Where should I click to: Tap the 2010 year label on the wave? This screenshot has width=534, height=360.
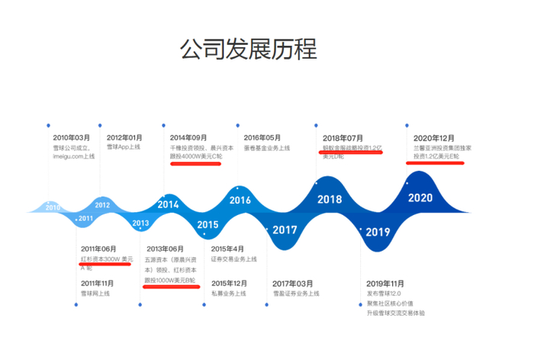pos(53,207)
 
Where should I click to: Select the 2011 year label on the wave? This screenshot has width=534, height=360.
pos(85,218)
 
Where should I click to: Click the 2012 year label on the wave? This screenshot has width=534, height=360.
pos(102,204)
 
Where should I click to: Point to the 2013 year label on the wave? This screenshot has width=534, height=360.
pos(140,223)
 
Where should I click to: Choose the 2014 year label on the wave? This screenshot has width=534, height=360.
pos(168,204)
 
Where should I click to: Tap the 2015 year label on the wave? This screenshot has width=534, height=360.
pos(207,224)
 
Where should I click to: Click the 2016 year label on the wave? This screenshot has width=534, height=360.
pos(240,200)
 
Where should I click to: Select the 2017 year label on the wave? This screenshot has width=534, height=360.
pos(285,230)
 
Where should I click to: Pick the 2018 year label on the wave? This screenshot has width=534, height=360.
pos(330,199)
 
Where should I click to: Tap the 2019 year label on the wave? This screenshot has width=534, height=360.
pos(378,232)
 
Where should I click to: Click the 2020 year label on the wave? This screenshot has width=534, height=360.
pos(420,198)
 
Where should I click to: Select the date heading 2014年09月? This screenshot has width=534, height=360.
pos(188,137)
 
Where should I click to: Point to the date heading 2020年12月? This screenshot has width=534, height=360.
pos(434,137)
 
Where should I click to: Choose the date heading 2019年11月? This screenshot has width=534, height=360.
pos(385,283)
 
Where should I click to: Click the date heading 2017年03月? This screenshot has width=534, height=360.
pos(293,283)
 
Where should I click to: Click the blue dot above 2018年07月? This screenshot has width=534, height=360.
pos(316,123)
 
